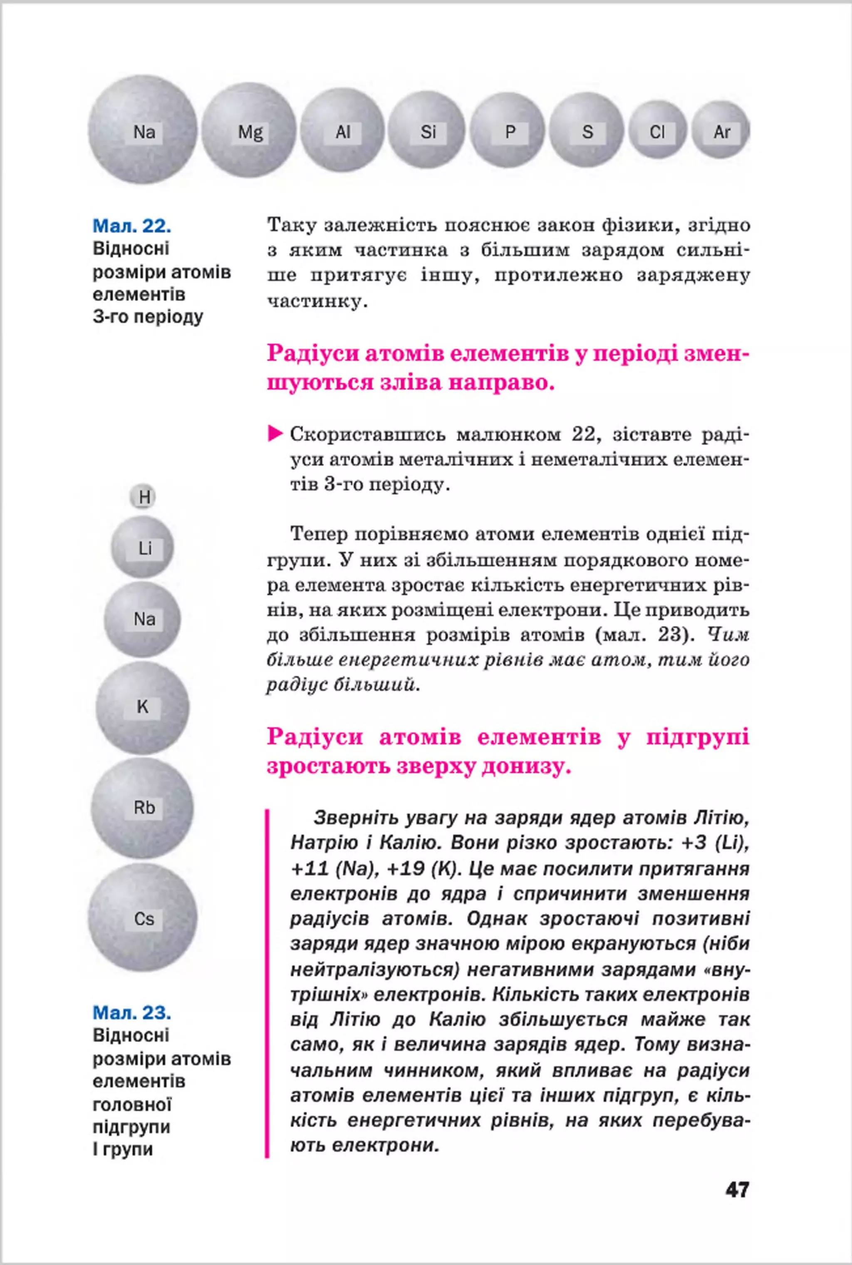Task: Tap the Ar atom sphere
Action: [x=721, y=131]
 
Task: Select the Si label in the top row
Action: [x=428, y=131]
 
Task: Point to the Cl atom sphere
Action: [x=657, y=131]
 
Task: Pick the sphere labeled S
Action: [x=587, y=131]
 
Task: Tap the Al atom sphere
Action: [x=343, y=131]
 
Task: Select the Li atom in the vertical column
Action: [x=143, y=548]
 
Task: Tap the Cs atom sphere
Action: [x=143, y=918]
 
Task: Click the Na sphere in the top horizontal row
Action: [x=143, y=131]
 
